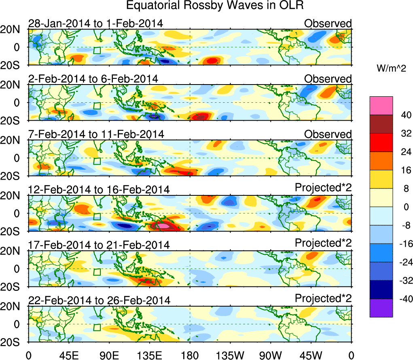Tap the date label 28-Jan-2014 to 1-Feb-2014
(x=95, y=23)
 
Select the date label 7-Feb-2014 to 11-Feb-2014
(x=96, y=134)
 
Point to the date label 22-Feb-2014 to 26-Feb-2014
(x=99, y=300)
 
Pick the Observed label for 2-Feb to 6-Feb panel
(x=328, y=78)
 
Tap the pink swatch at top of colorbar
(x=381, y=105)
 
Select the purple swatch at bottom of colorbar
(x=381, y=308)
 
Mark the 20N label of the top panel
(x=13, y=30)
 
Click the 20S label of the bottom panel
(x=13, y=342)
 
